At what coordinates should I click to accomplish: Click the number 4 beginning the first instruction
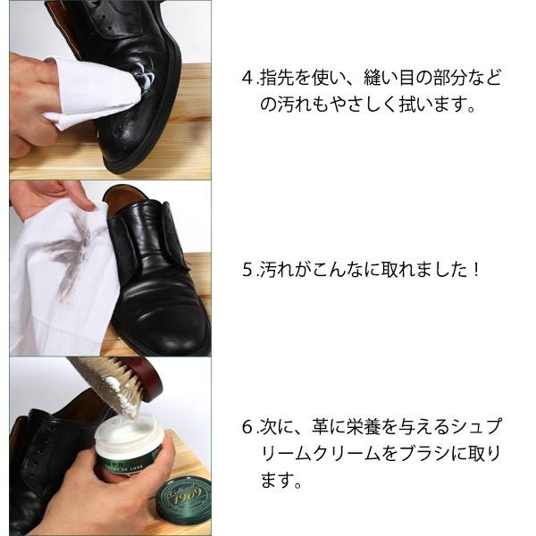click(247, 79)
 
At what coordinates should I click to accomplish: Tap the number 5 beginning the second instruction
click(247, 268)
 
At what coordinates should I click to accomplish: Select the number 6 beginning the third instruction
click(247, 427)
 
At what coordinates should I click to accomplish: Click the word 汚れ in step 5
click(272, 268)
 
